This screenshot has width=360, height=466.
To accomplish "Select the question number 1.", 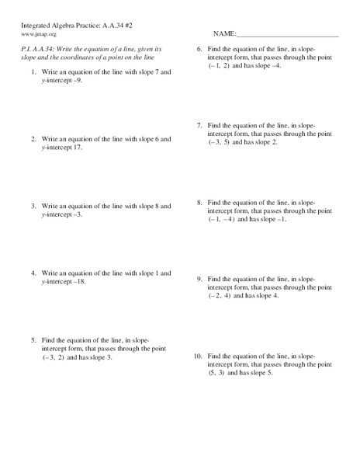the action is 33,71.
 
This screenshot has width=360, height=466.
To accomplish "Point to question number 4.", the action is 33,273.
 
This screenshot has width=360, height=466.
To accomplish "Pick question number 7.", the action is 199,125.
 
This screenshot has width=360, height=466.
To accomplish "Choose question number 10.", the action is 198,355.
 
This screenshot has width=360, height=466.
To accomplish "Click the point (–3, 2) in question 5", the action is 57,357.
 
